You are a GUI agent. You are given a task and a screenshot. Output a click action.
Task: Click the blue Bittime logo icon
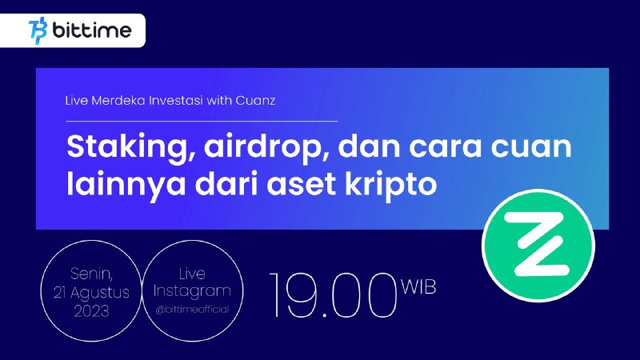[38, 30]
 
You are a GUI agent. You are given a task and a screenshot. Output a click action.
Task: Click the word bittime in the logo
[92, 30]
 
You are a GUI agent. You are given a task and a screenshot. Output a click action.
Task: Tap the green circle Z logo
[538, 245]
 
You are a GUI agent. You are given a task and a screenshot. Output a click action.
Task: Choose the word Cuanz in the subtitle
[255, 101]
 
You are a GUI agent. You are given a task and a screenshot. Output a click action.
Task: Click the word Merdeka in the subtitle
[118, 101]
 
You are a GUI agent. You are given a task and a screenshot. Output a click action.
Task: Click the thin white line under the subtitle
[202, 122]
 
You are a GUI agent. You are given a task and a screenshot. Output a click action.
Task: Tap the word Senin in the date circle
[91, 274]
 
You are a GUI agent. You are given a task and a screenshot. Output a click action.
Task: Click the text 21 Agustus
[91, 293]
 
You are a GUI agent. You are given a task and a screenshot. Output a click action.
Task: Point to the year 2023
[91, 311]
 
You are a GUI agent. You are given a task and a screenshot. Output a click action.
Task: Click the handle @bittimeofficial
[192, 310]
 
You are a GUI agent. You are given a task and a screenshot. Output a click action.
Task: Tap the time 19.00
[333, 295]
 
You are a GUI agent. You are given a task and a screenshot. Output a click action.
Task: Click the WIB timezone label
[418, 286]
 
